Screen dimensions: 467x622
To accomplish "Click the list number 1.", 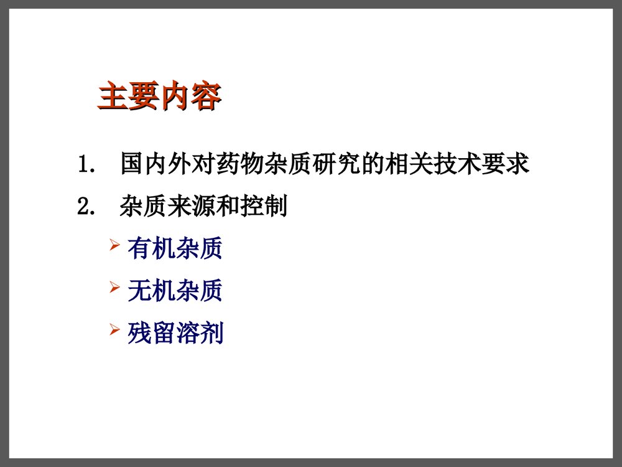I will [85, 166].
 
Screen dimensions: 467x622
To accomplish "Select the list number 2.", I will [85, 207].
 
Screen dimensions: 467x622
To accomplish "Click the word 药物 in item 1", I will [248, 165].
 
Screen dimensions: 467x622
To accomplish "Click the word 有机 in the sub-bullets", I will [151, 249].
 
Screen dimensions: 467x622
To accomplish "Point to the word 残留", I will [151, 334].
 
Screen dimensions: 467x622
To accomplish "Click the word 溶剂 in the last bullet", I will [199, 334].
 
